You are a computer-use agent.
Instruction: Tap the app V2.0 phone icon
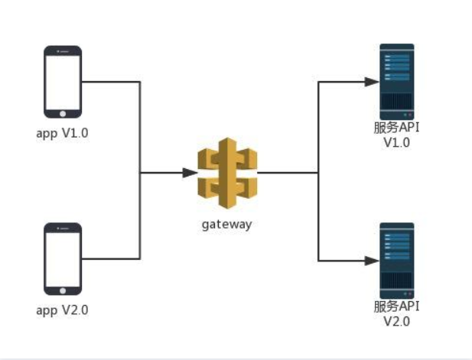[x=63, y=259]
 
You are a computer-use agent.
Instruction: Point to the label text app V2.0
[x=63, y=310]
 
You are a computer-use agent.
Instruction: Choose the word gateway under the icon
[x=226, y=225]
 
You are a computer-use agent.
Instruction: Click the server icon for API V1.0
[x=397, y=81]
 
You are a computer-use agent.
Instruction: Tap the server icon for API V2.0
[x=397, y=259]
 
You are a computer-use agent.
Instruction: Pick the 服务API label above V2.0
[x=397, y=306]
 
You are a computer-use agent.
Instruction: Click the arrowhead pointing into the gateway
[x=191, y=174]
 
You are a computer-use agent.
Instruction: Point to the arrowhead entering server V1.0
[x=373, y=80]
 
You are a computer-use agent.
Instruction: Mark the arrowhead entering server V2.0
[x=373, y=261]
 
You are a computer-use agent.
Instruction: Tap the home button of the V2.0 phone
[x=63, y=291]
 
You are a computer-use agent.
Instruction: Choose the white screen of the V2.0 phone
[x=63, y=258]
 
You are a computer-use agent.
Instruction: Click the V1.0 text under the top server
[x=397, y=142]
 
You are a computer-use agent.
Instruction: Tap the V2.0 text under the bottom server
[x=397, y=321]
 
